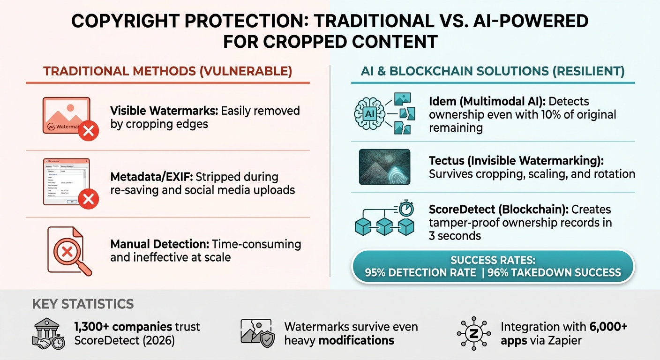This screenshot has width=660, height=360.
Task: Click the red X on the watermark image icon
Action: pyautogui.click(x=88, y=131)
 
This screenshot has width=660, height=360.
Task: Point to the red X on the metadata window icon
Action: pyautogui.click(x=88, y=200)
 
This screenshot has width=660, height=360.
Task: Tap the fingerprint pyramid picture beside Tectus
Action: pyautogui.click(x=384, y=166)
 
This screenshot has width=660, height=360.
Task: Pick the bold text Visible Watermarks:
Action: pyautogui.click(x=164, y=111)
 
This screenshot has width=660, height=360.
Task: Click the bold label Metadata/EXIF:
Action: pyautogui.click(x=152, y=178)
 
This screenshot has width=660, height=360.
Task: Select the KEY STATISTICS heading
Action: pyautogui.click(x=83, y=304)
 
